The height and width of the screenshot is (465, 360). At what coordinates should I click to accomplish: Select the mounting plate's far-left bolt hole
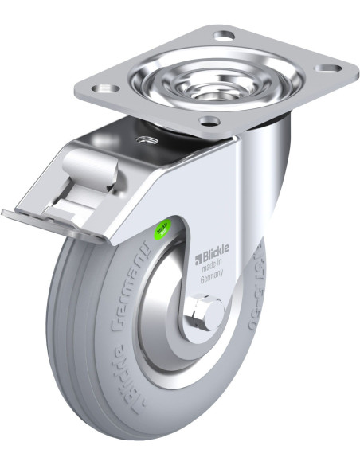(111, 87)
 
